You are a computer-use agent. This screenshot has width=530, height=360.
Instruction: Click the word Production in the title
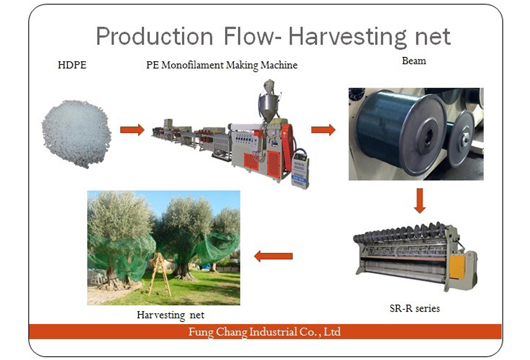coord(154,36)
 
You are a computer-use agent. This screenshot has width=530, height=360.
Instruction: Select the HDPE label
coord(72,65)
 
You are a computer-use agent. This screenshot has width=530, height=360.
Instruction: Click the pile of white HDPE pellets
coord(77,133)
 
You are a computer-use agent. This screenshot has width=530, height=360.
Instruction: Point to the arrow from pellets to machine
coord(132,130)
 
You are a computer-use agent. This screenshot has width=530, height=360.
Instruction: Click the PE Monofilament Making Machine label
coord(222,65)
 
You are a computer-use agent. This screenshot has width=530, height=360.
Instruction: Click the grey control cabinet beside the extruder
coord(300,169)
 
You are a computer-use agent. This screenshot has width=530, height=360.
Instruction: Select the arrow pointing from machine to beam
coord(323,130)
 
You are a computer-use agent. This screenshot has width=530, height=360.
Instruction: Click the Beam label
coord(414,61)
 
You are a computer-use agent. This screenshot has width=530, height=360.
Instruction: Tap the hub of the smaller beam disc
coord(465,137)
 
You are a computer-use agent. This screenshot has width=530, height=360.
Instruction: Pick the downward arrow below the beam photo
coord(420,201)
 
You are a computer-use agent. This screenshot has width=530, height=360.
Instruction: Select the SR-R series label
coord(415,308)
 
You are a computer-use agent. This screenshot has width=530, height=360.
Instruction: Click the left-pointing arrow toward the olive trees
coord(273,256)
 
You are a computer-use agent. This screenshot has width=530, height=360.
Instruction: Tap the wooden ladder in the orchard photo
coord(159,275)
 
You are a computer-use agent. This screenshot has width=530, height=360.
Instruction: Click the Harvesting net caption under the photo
coord(171,315)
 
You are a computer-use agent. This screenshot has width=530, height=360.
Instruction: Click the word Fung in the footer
coord(201,332)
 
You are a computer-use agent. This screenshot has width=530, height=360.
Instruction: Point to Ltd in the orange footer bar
coord(332,331)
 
